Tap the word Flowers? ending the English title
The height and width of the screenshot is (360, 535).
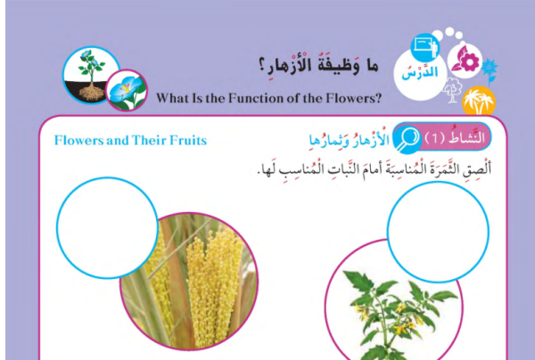(353, 98)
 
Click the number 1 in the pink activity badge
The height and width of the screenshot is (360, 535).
(435, 138)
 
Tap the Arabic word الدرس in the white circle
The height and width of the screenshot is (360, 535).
(420, 72)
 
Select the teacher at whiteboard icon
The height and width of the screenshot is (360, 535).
(424, 48)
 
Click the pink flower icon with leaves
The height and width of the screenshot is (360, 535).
(465, 61)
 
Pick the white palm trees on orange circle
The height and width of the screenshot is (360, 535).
(479, 101)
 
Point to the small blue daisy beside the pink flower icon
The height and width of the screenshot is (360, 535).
(490, 70)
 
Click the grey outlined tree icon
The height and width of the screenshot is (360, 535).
(452, 90)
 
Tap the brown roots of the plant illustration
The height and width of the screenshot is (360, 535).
(92, 93)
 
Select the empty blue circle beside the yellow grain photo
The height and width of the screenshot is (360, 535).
(107, 228)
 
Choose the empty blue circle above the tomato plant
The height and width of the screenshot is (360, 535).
(438, 233)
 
